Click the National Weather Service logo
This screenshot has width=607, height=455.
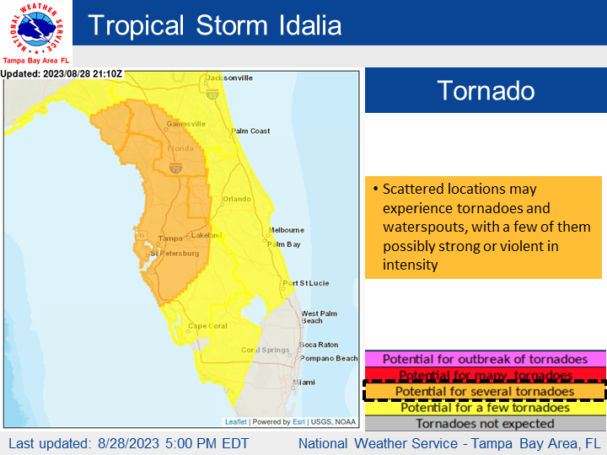click(35, 29)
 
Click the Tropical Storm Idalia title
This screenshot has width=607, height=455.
click(215, 24)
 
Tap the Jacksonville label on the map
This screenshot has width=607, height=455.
click(229, 78)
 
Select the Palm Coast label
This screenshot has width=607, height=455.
click(250, 131)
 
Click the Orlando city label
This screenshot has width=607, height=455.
click(236, 199)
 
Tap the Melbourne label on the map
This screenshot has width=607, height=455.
click(286, 229)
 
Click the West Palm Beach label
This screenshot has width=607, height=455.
click(319, 317)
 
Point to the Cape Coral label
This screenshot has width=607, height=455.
click(208, 327)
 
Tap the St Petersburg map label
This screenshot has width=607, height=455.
click(175, 253)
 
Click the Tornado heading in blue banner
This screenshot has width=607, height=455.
click(485, 90)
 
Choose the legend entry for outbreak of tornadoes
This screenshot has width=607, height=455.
click(485, 360)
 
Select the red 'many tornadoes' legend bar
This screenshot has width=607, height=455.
click(485, 375)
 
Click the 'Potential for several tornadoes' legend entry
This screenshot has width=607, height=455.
click(485, 392)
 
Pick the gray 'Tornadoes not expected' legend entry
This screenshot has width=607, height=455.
click(485, 423)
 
